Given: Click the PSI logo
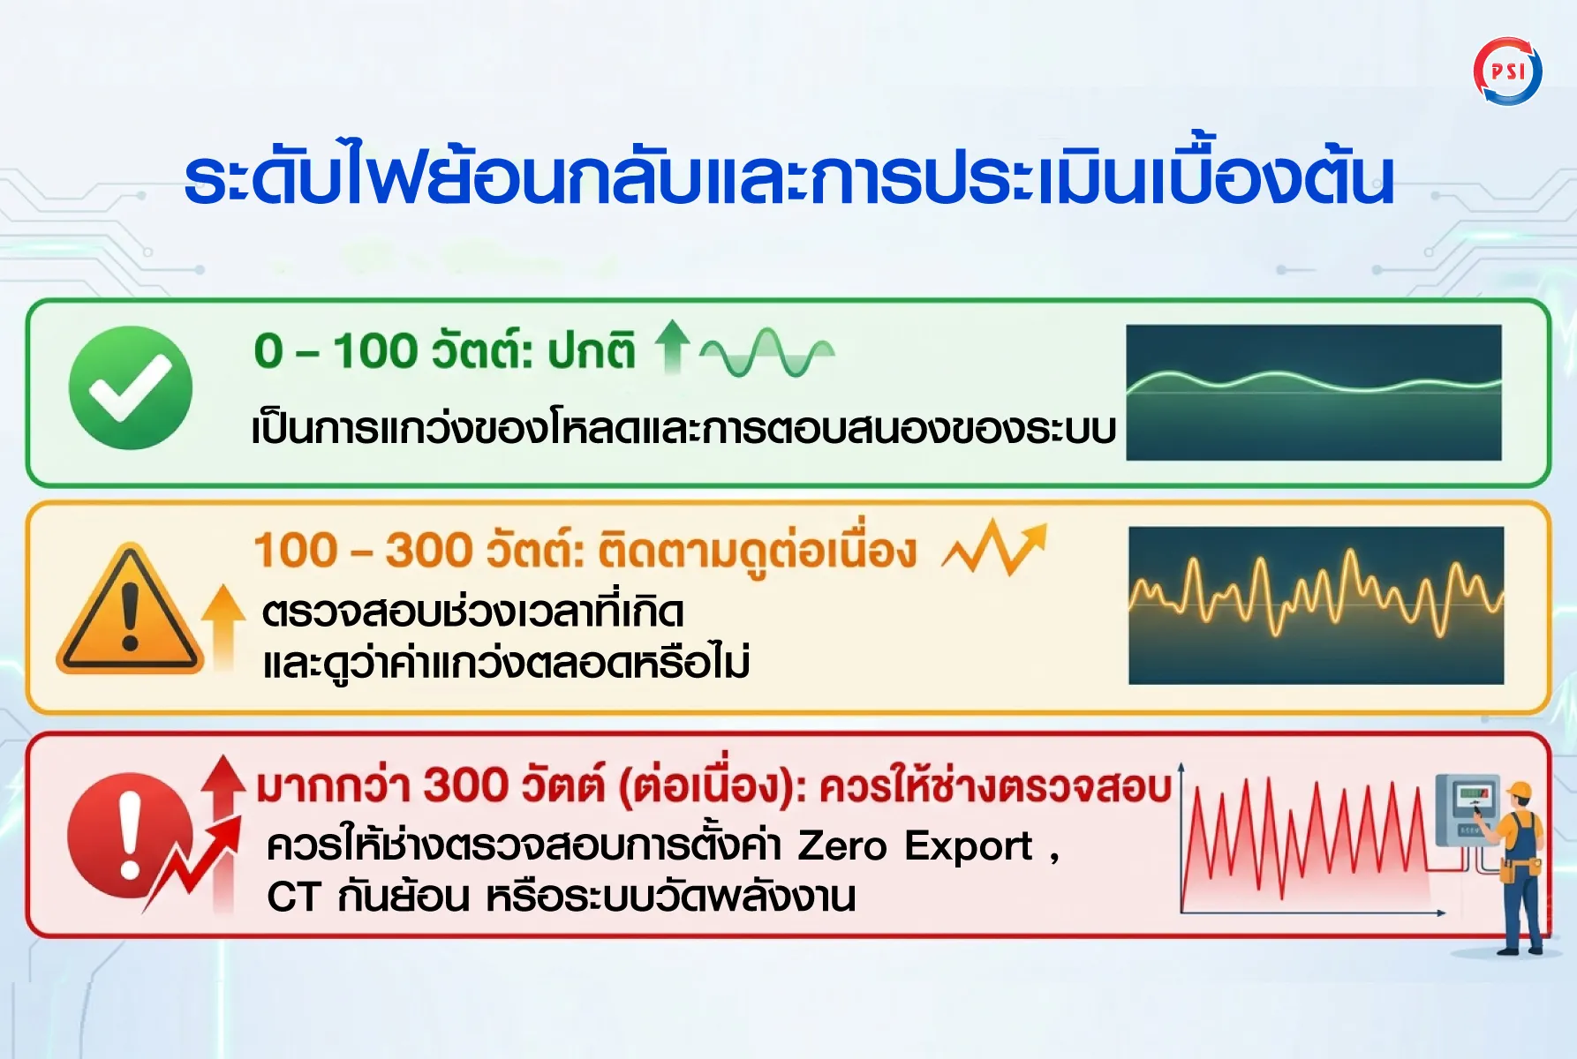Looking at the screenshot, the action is coord(1508,71).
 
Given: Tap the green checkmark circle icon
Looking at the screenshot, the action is coord(131,387).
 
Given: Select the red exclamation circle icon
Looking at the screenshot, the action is coord(129,835).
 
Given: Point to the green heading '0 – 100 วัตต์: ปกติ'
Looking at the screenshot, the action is coord(444,350).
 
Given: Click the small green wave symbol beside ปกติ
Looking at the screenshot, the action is coord(766,352).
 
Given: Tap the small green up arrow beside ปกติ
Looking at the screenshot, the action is coord(673,345).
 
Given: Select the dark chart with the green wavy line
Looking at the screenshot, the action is coord(1314,393).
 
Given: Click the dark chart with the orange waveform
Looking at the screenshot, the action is coord(1316,605).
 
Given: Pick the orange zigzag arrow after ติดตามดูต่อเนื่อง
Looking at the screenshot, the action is coord(995,547).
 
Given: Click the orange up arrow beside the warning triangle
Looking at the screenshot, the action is coord(223,627).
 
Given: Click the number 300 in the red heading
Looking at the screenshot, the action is coord(465,785).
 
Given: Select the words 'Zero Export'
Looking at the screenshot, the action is coord(915,845).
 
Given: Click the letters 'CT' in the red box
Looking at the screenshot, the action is coord(293,897).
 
